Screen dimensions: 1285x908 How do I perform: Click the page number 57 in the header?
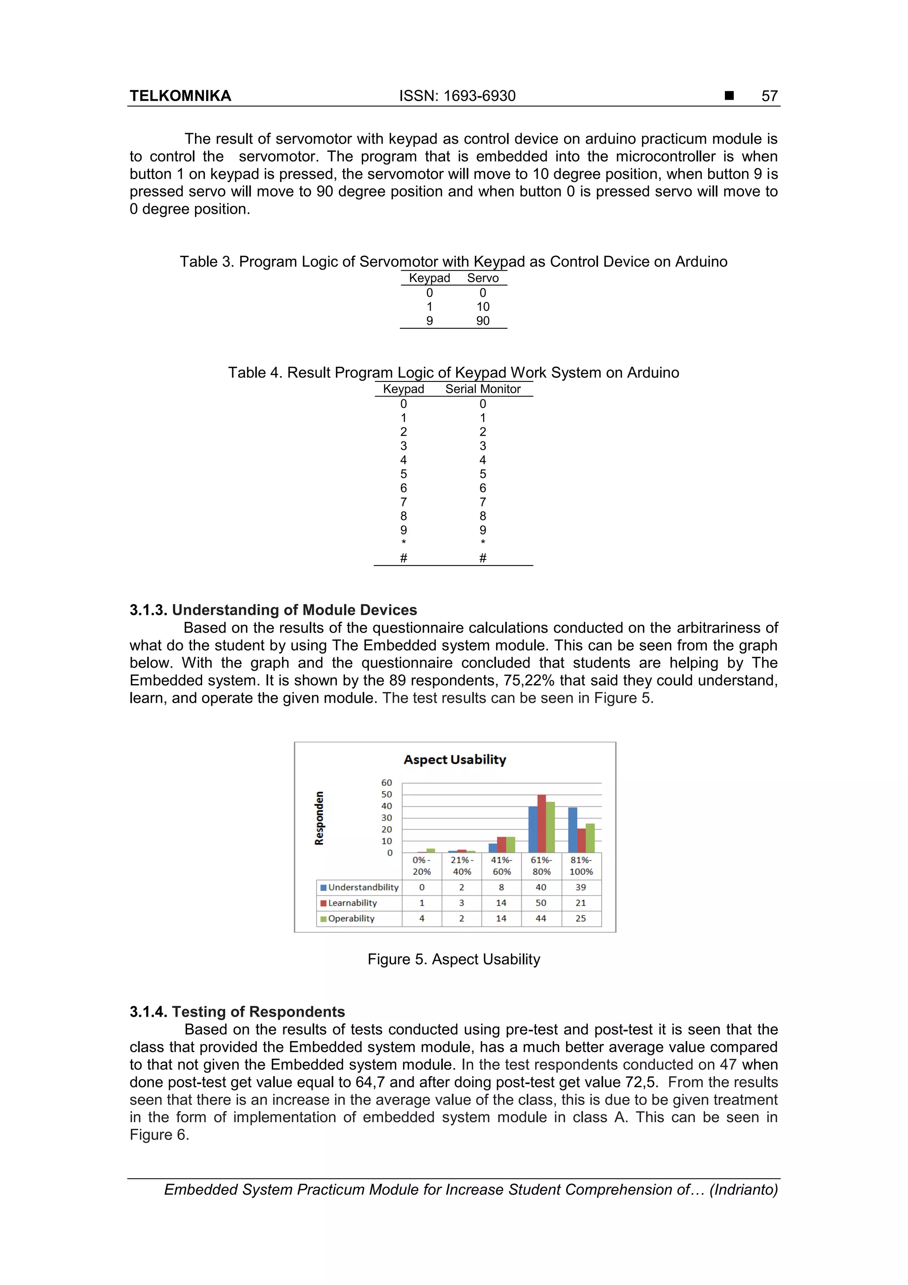(x=769, y=96)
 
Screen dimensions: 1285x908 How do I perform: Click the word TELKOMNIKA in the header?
(x=180, y=96)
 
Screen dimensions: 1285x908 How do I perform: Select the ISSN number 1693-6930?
(x=479, y=96)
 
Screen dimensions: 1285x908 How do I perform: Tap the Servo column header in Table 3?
(x=483, y=278)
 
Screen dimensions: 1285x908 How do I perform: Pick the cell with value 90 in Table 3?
(x=483, y=321)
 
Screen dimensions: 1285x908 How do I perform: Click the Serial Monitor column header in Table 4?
(x=483, y=389)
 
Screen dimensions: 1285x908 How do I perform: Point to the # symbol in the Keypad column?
(x=403, y=558)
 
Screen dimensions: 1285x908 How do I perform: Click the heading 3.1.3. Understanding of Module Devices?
(x=273, y=610)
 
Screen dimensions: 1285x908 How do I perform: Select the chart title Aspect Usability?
(x=455, y=759)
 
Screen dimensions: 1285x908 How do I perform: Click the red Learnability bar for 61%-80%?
(x=541, y=824)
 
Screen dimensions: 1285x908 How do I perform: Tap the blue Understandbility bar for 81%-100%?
(x=572, y=830)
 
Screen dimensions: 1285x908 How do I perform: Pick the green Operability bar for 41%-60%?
(x=510, y=845)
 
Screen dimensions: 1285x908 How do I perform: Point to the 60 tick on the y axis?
(x=387, y=782)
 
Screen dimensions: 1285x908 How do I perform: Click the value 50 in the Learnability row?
(x=541, y=903)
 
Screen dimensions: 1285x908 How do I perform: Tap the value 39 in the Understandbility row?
(x=581, y=887)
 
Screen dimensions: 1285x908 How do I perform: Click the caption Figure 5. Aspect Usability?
(x=454, y=959)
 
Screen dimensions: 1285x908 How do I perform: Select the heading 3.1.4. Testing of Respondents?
(x=237, y=1012)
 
